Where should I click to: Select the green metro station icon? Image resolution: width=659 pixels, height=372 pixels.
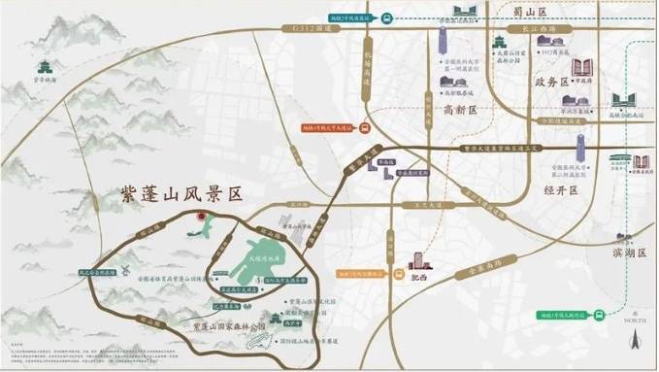(x=601, y=314)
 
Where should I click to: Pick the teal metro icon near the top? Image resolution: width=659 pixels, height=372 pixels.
(x=385, y=17)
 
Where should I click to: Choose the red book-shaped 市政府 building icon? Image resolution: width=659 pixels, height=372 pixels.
(x=585, y=68)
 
